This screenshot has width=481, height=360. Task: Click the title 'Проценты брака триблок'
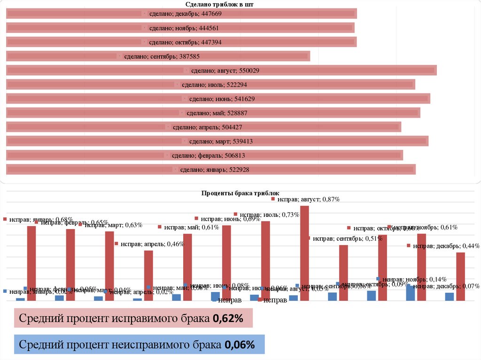click(240, 193)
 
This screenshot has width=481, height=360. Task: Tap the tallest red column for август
click(304, 253)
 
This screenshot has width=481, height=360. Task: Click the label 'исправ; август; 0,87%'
click(308, 199)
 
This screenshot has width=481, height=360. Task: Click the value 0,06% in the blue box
click(239, 345)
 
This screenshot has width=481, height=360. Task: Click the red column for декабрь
click(460, 277)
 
